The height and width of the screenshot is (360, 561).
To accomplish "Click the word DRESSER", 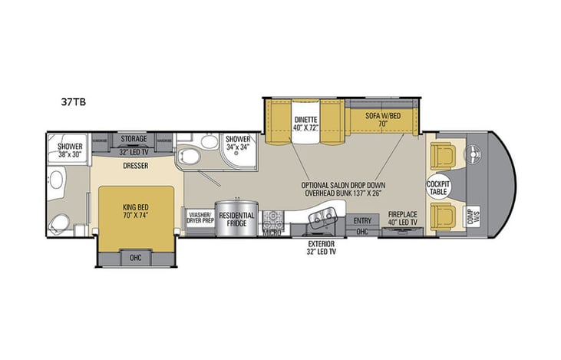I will coord(135,165).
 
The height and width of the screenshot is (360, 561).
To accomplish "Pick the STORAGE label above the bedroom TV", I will coord(134,139).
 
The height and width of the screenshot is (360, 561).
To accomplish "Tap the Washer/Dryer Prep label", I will coord(200,217).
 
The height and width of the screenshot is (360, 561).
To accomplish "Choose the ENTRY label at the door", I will coord(361,220).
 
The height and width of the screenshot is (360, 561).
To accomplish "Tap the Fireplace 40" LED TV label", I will coord(402,218).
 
